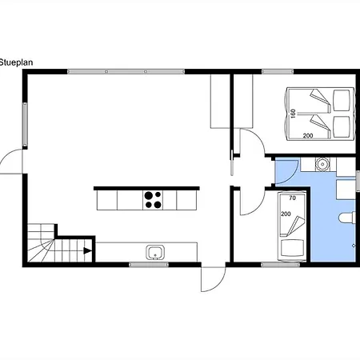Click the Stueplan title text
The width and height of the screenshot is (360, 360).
tap(16, 62)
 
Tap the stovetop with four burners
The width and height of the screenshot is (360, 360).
tap(153, 200)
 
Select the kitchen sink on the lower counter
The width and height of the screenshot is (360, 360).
tap(155, 253)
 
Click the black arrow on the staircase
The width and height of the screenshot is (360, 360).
tap(87, 250)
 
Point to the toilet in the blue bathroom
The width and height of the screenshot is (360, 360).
tap(347, 218)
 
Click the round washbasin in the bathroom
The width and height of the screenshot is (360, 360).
tap(322, 163)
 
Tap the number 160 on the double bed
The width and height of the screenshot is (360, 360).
tap(293, 114)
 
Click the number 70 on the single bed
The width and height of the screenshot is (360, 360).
tap(293, 198)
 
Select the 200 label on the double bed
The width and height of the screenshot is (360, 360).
tap(308, 136)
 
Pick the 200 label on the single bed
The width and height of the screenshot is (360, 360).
tap(286, 214)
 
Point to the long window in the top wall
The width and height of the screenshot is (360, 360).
tap(126, 71)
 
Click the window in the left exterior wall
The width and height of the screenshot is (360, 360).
tap(25, 124)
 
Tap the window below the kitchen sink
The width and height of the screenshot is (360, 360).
tap(149, 264)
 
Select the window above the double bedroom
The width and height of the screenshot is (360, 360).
tap(278, 71)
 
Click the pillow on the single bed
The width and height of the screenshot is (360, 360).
tap(292, 247)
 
